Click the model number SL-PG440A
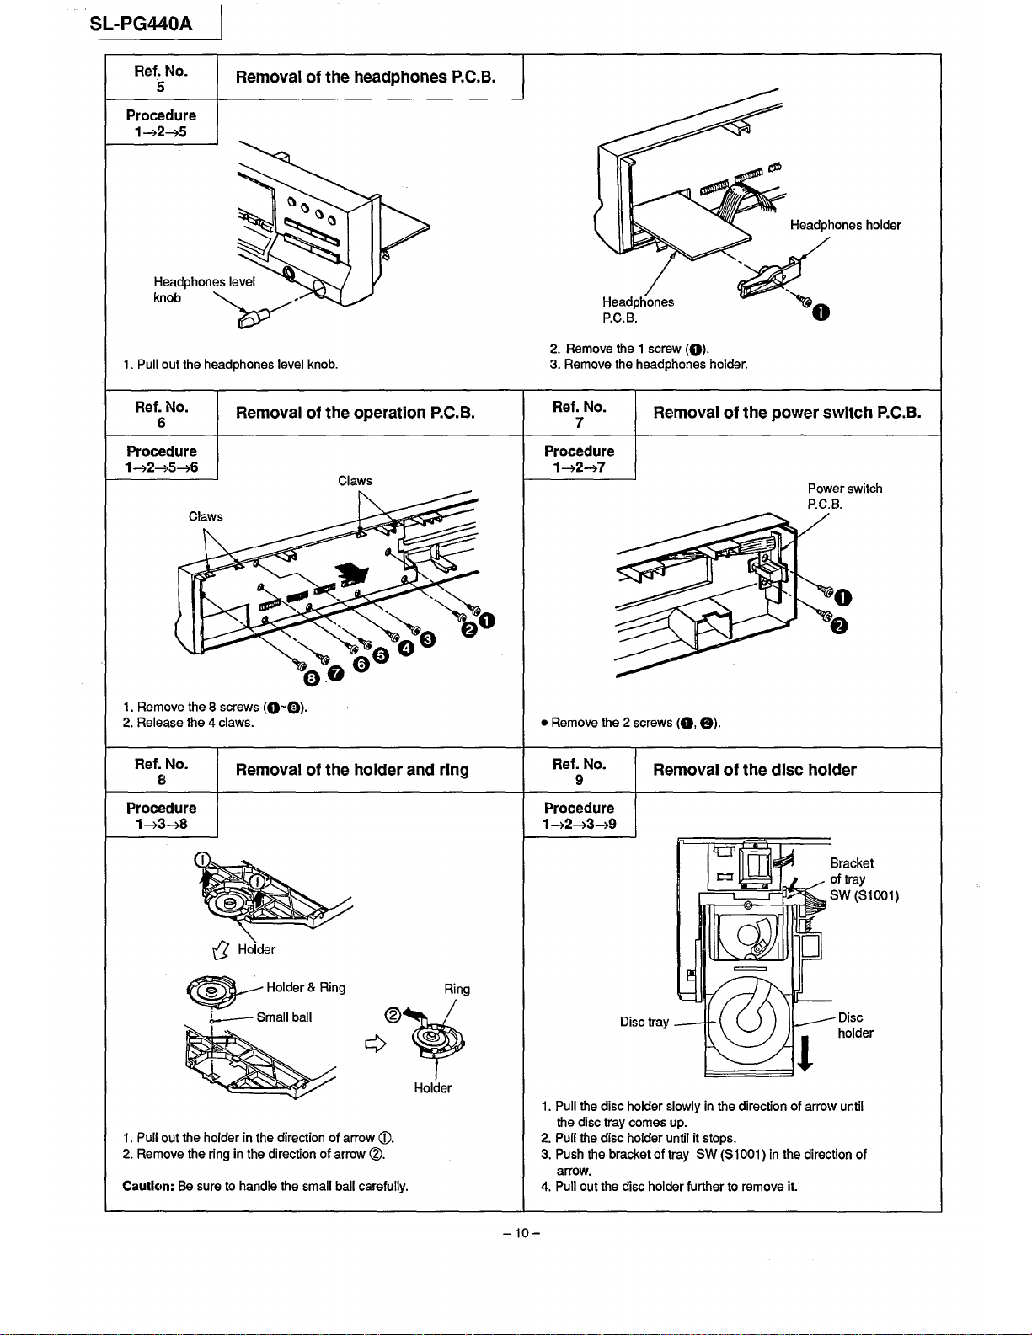point(142,24)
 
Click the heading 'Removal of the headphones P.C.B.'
point(366,77)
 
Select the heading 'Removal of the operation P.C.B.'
point(356,413)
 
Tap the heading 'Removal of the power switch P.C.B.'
point(787,413)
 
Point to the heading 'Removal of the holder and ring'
point(352,770)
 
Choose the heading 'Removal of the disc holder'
point(755,770)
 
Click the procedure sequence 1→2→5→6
point(162,467)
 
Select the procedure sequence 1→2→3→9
point(580,824)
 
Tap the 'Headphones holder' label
point(845,225)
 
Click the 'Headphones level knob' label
point(203,289)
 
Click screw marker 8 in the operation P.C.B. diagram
point(312,679)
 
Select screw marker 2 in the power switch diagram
point(840,625)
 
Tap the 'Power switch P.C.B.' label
point(844,496)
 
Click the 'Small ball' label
point(284,1017)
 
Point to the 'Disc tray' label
point(644,1022)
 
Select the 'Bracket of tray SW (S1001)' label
point(864,879)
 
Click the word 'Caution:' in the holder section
point(148,1186)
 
